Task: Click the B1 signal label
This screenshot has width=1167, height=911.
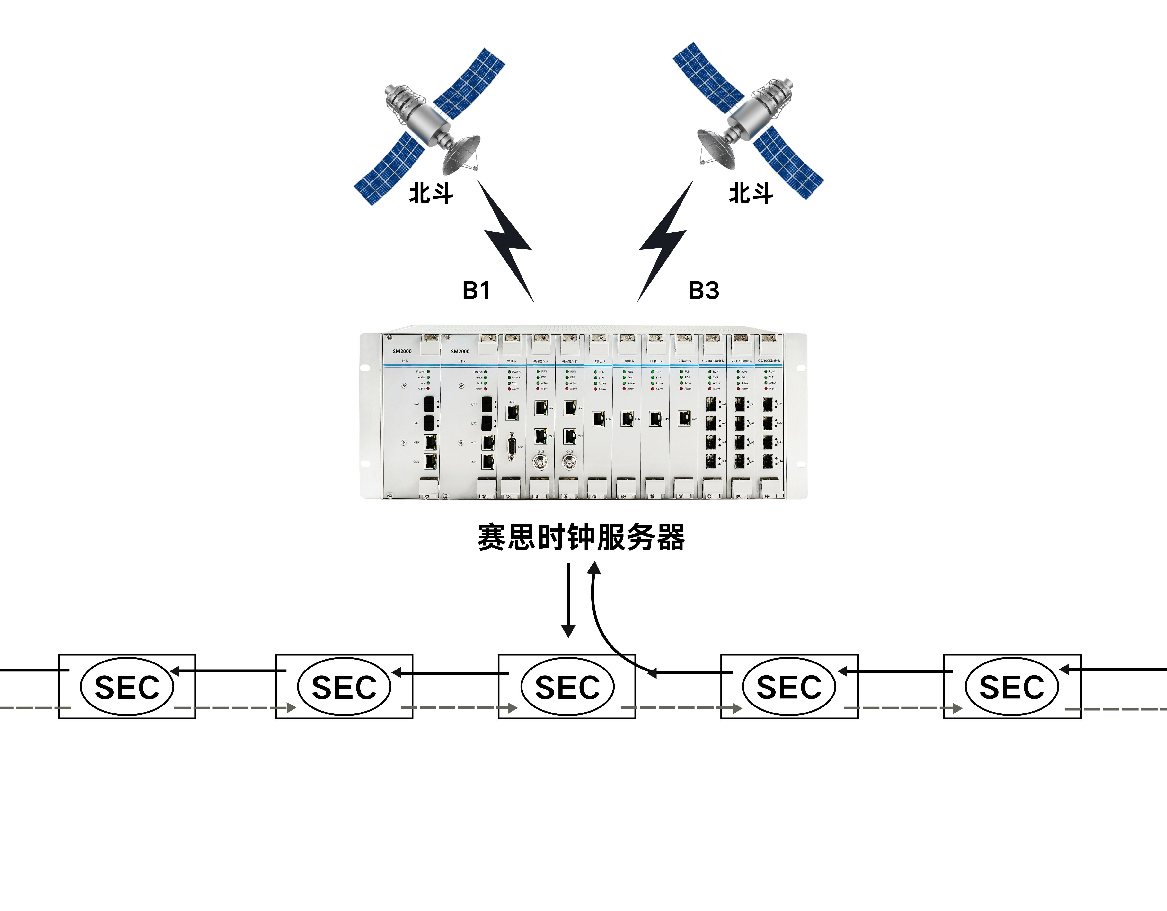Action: tap(476, 291)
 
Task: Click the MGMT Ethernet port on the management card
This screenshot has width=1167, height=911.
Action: tap(512, 412)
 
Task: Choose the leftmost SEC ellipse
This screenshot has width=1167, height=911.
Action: tap(127, 687)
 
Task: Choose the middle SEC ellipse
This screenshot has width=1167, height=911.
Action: tap(567, 687)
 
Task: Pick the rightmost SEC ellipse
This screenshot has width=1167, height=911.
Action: tap(1011, 687)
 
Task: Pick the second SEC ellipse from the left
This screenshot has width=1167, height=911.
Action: tap(344, 687)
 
